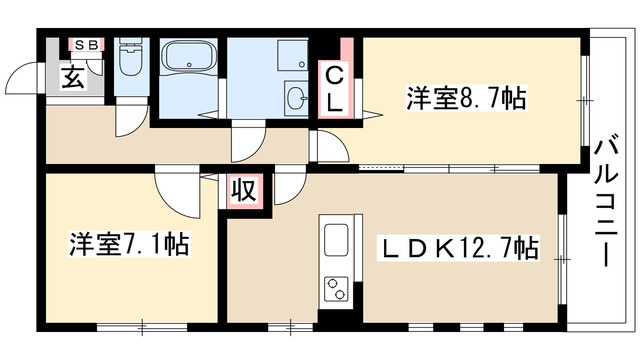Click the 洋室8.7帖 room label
[x=466, y=99]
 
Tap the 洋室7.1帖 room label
[x=130, y=243]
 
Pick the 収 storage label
[x=241, y=189]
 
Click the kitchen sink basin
[x=336, y=240]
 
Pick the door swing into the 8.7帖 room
[x=329, y=146]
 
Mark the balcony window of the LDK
[x=561, y=246]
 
